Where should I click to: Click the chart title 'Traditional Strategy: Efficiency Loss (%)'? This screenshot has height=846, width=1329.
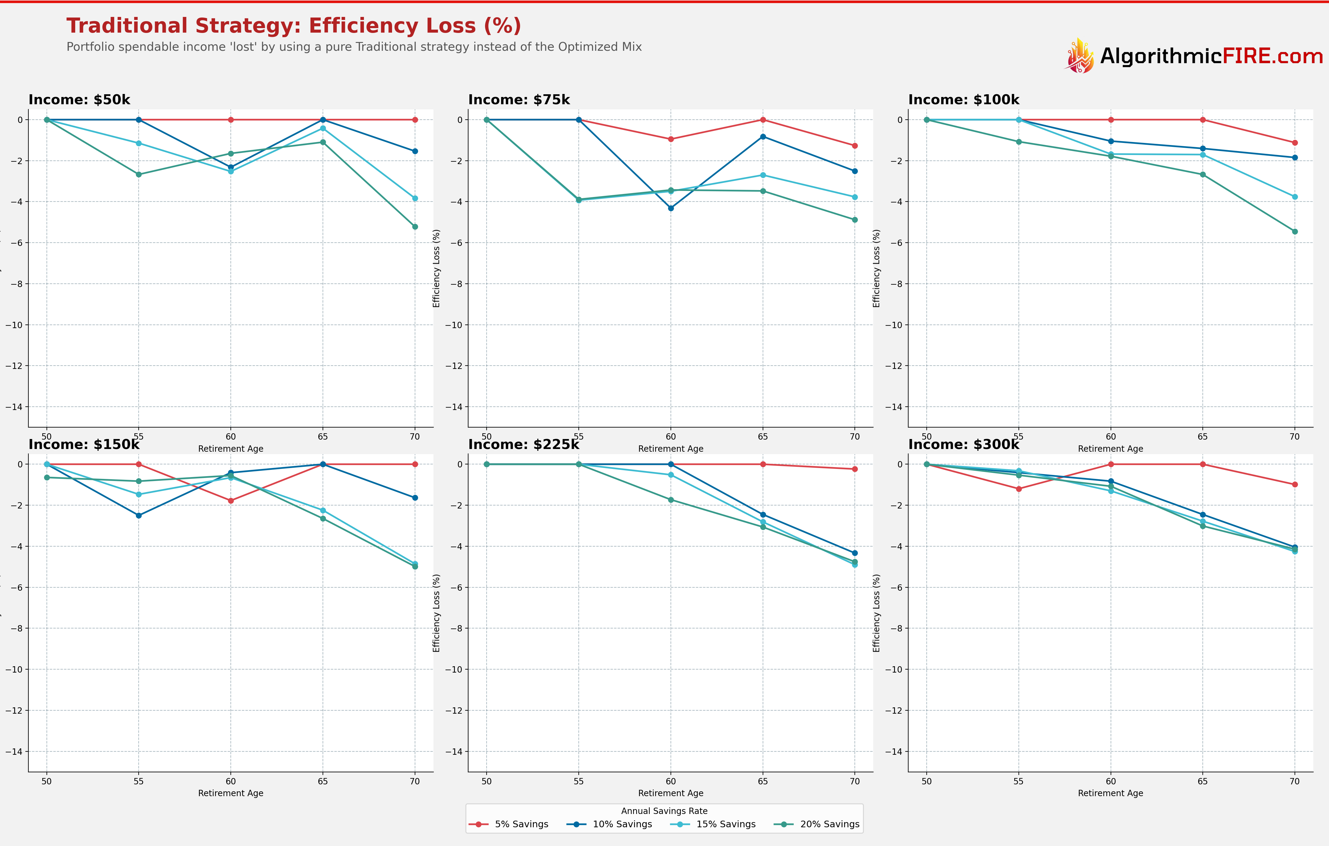(294, 26)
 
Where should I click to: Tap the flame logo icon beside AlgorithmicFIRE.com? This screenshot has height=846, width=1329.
(1079, 56)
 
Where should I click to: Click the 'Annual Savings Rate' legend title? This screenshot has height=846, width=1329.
(664, 811)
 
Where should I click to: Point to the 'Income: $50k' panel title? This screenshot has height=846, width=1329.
(79, 100)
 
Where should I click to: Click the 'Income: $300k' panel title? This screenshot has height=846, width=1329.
(964, 444)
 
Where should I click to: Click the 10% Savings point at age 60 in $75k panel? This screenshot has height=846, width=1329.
(671, 208)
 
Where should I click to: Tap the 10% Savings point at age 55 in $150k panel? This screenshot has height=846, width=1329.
(139, 515)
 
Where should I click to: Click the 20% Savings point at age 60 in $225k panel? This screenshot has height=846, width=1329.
(671, 500)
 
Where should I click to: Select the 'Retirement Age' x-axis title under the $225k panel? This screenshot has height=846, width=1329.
(671, 793)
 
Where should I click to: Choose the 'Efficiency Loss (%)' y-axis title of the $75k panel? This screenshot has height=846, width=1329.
(436, 268)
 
